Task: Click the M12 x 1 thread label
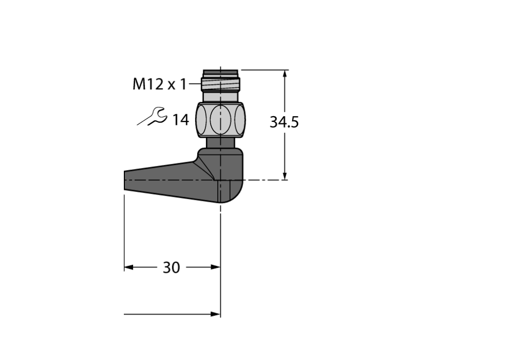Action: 159,84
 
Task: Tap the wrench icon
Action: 153,117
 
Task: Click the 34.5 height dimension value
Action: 284,122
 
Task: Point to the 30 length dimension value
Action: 171,268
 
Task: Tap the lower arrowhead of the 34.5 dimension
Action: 285,175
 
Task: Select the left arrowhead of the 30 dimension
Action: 128,267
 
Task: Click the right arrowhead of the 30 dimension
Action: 216,267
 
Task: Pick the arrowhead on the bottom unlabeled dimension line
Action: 216,314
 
